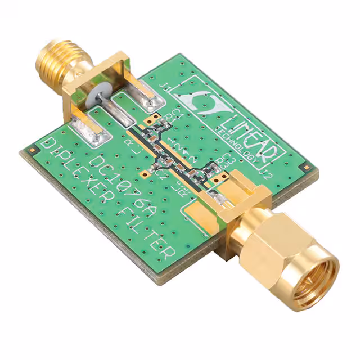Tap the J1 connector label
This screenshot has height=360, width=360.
click(x=166, y=86)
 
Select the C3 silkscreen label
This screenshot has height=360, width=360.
click(x=228, y=158)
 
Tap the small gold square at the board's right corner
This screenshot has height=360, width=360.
click(x=306, y=168)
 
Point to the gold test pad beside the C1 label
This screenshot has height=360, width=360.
click(x=150, y=119)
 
